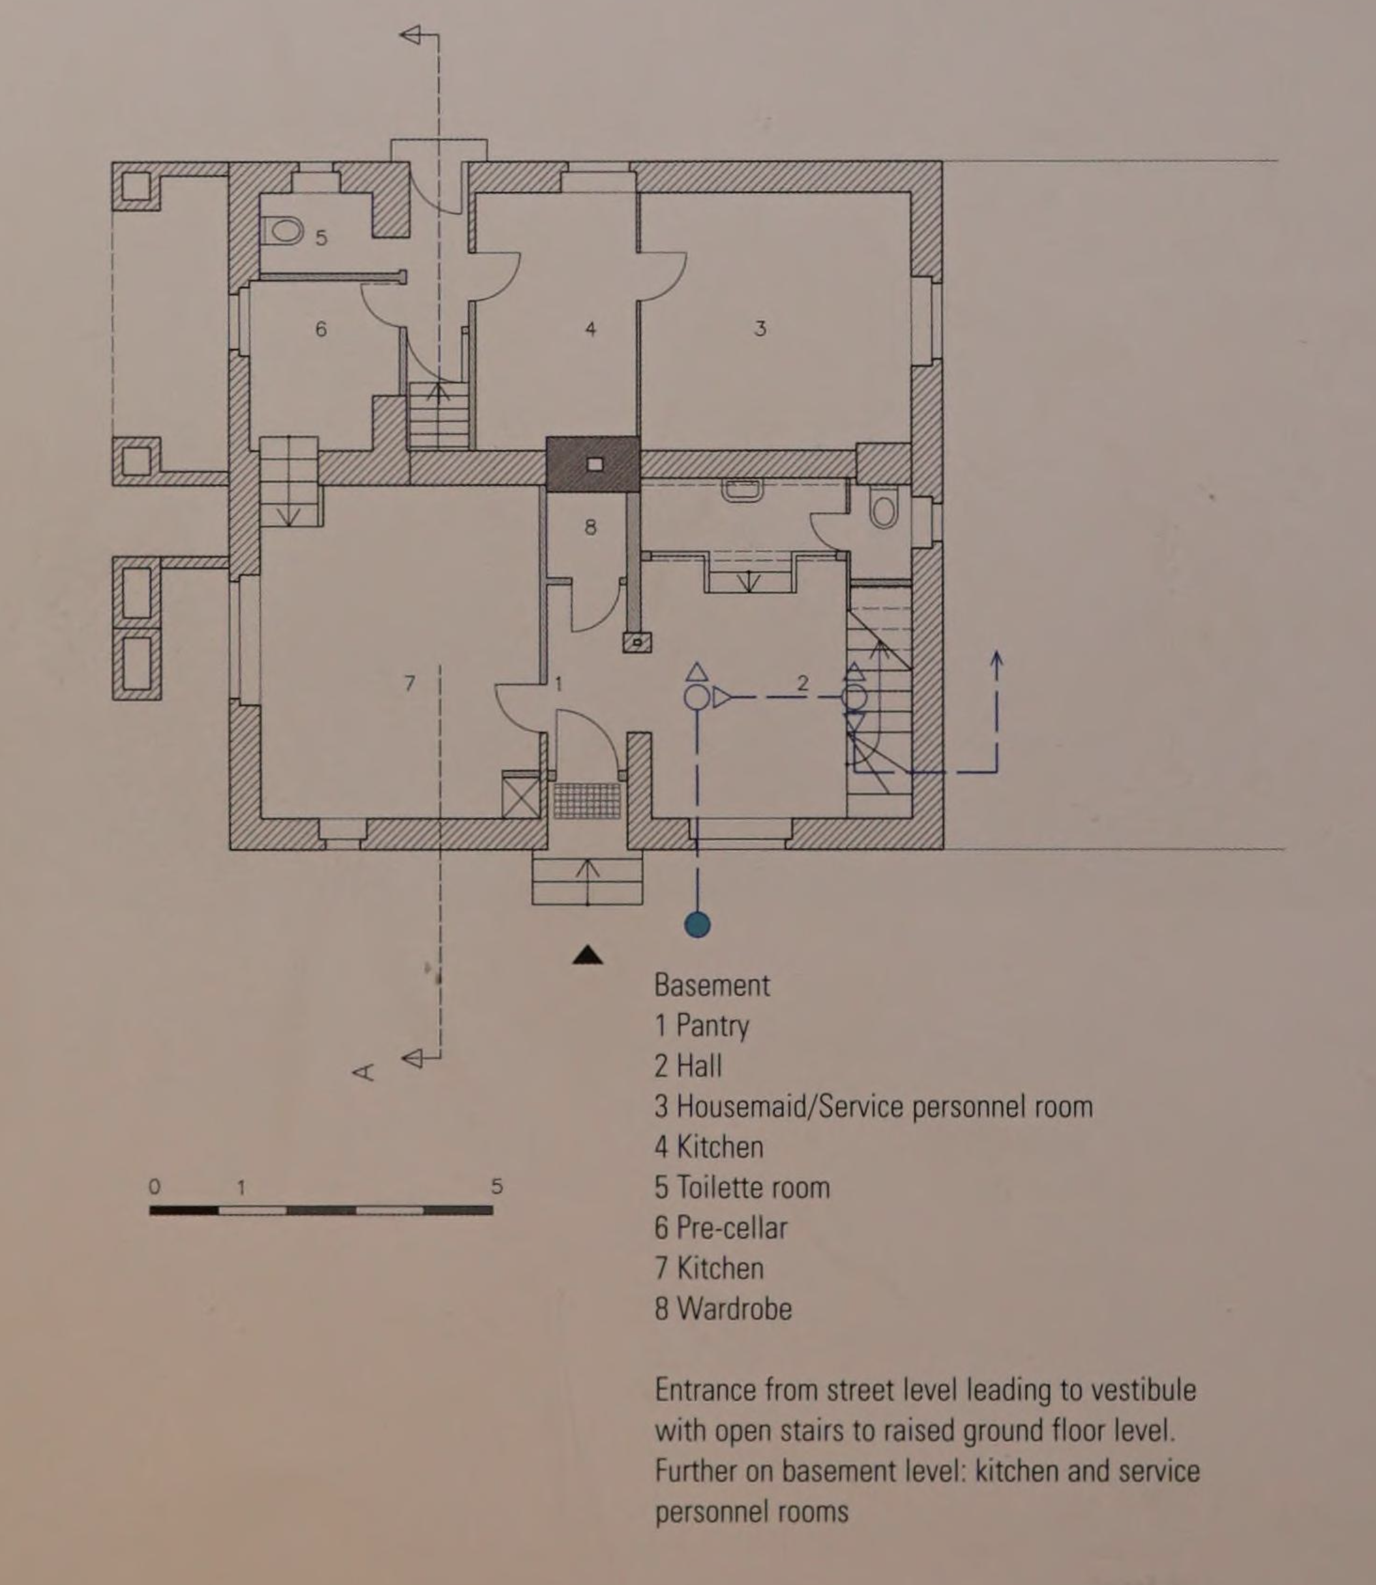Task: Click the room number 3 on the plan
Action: pyautogui.click(x=760, y=329)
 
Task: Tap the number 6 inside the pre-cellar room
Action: pyautogui.click(x=321, y=329)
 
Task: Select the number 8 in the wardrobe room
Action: pyautogui.click(x=590, y=527)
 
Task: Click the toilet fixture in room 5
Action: pyautogui.click(x=282, y=230)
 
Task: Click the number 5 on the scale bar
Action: pyautogui.click(x=497, y=1186)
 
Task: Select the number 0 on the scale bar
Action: pyautogui.click(x=155, y=1186)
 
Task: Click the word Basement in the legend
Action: pyautogui.click(x=712, y=986)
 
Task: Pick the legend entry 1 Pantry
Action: pyautogui.click(x=702, y=1026)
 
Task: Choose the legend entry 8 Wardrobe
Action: pyautogui.click(x=723, y=1308)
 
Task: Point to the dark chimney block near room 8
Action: pyautogui.click(x=593, y=464)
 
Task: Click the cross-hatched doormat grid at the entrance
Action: pyautogui.click(x=588, y=800)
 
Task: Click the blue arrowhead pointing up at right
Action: pyautogui.click(x=996, y=659)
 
